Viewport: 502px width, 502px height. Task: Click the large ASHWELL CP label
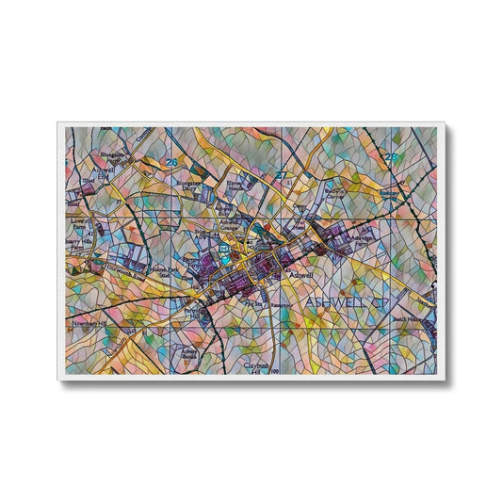347,301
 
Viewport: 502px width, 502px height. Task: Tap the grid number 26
170,163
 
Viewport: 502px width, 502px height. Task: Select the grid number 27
281,174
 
